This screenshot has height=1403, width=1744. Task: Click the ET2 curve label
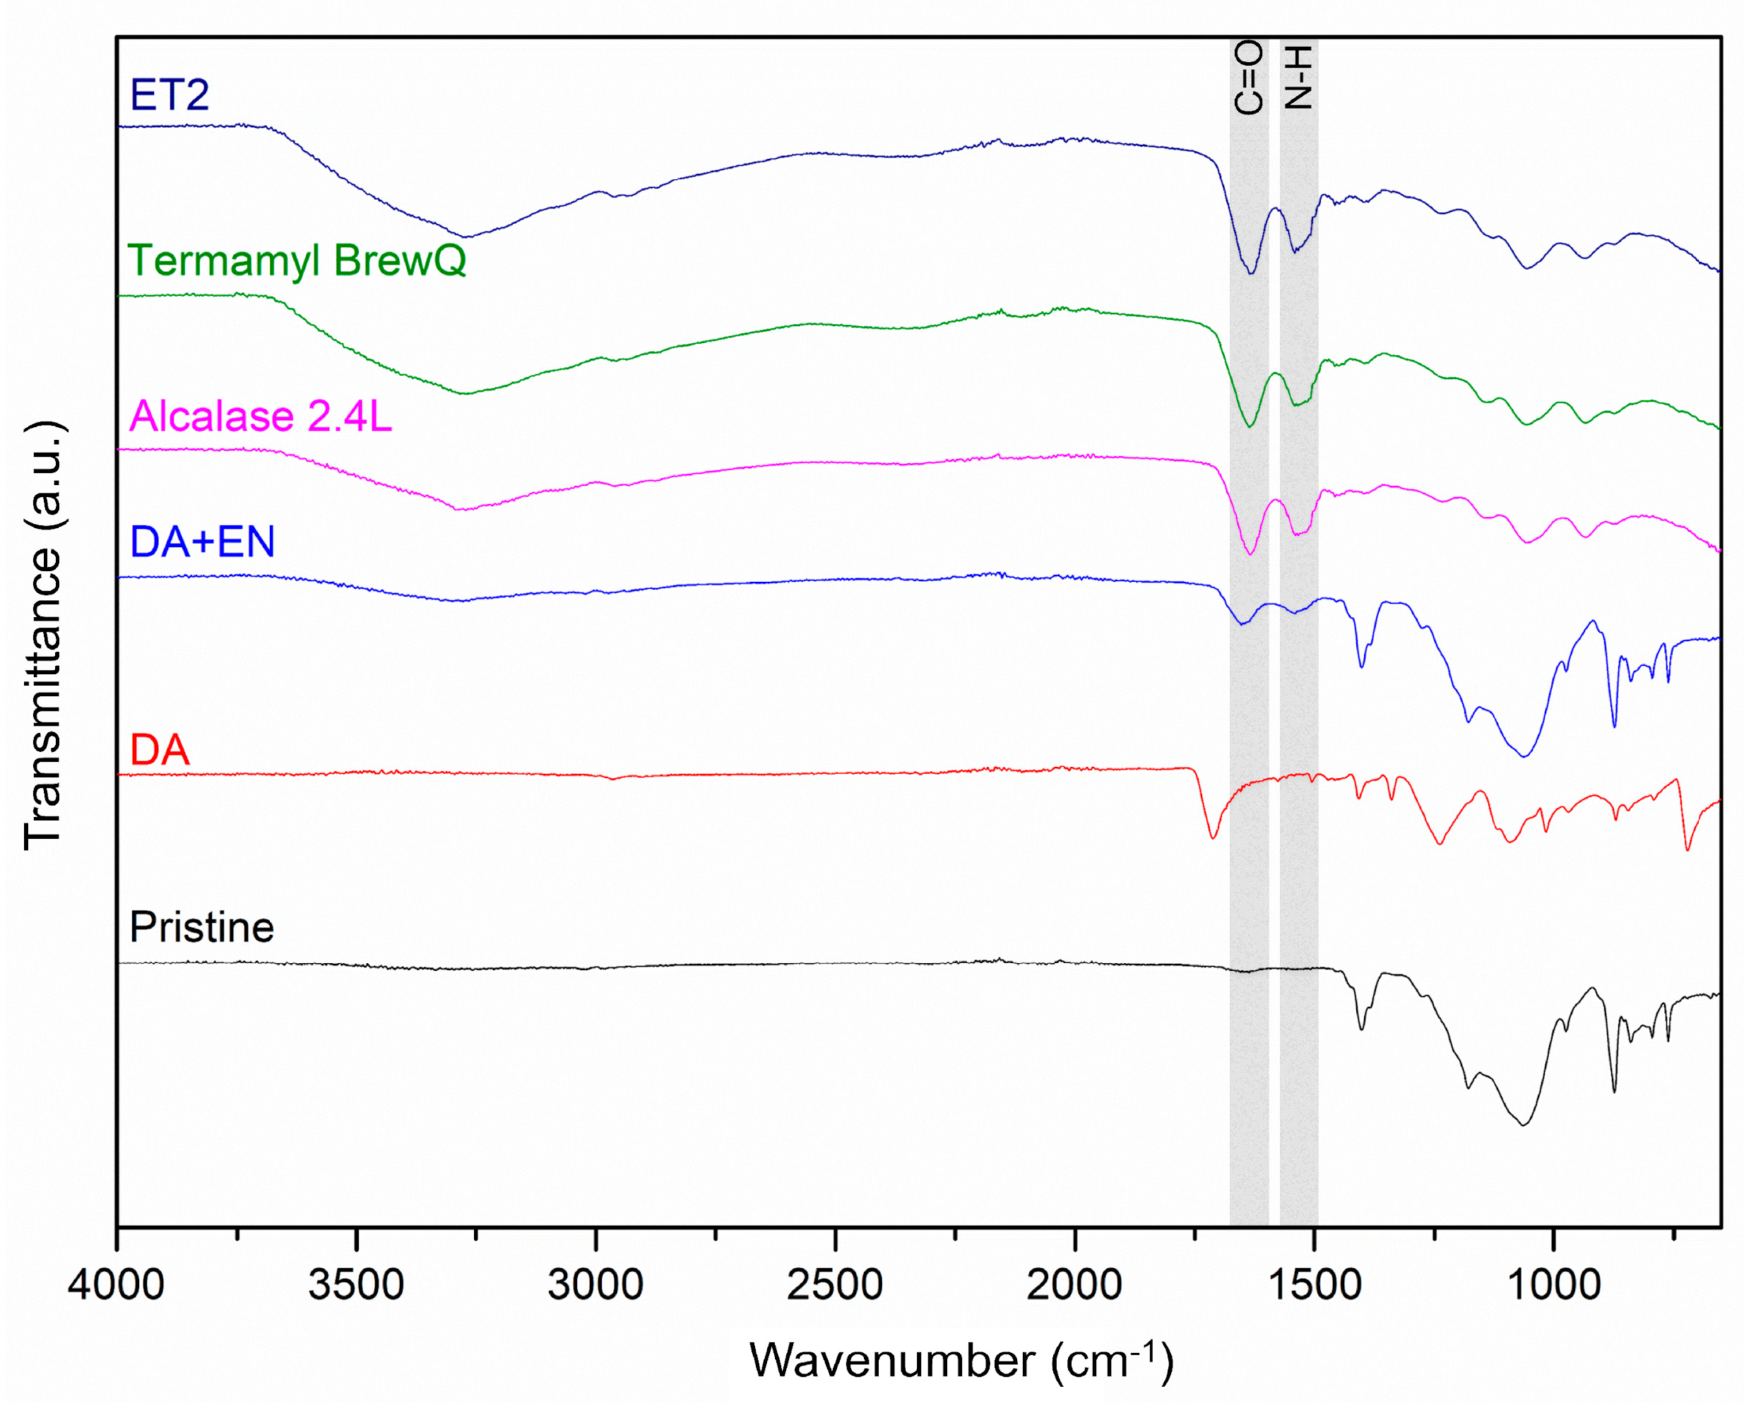tap(169, 95)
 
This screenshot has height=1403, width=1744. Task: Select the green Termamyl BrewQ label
tap(297, 261)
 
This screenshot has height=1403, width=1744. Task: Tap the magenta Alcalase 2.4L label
tap(261, 417)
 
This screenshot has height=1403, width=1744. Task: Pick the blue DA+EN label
tap(202, 541)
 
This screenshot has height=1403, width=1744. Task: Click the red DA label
tap(160, 750)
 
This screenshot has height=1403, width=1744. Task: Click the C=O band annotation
tap(1248, 77)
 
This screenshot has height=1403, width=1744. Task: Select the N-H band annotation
tap(1298, 77)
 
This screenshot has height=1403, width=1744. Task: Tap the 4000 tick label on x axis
tap(116, 1284)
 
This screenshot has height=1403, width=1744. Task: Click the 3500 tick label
tap(356, 1284)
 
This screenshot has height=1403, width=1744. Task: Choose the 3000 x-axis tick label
tap(595, 1284)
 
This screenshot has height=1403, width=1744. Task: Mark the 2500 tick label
tap(835, 1284)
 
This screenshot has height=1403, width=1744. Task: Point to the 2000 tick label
tap(1074, 1284)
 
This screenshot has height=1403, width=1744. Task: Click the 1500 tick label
tap(1315, 1284)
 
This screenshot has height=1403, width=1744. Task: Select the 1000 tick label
tap(1554, 1284)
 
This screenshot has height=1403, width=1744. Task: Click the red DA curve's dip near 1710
tap(1211, 837)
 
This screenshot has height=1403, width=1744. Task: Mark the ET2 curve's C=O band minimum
tap(1250, 273)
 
